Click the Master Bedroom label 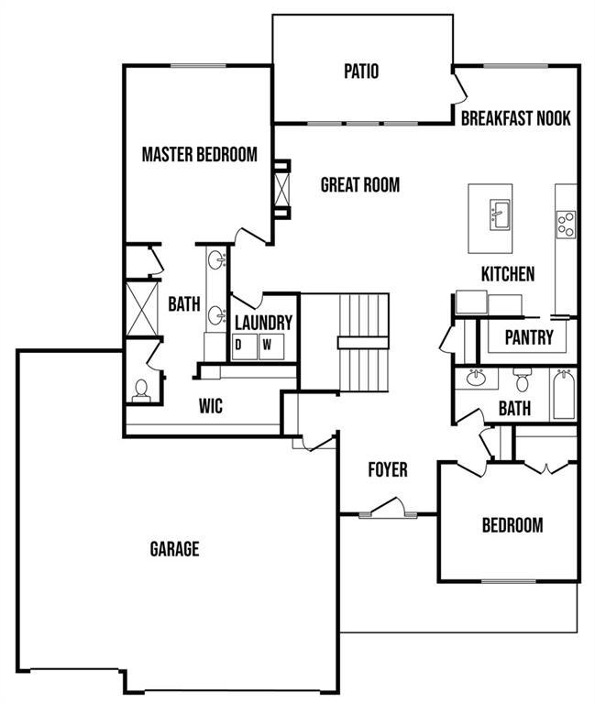199,154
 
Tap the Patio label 361,71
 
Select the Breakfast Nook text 515,118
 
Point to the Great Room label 359,185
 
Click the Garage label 174,549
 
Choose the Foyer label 388,470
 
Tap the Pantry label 529,337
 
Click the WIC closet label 210,406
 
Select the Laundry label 263,323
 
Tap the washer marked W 268,346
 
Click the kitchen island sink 500,216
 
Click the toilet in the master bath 141,391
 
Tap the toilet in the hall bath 522,379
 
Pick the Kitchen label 508,274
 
